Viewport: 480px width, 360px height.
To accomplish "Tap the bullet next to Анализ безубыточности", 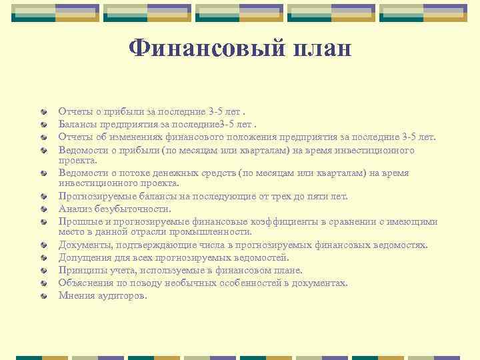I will tap(43, 209).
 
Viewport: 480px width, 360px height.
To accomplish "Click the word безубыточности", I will tap(133, 209).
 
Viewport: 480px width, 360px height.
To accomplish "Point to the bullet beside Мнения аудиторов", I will tap(43, 295).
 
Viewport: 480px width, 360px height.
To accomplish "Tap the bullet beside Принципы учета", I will tap(43, 271).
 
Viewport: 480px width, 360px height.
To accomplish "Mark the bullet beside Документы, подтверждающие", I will tap(43, 246).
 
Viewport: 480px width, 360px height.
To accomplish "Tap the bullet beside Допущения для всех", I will tap(43, 259).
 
